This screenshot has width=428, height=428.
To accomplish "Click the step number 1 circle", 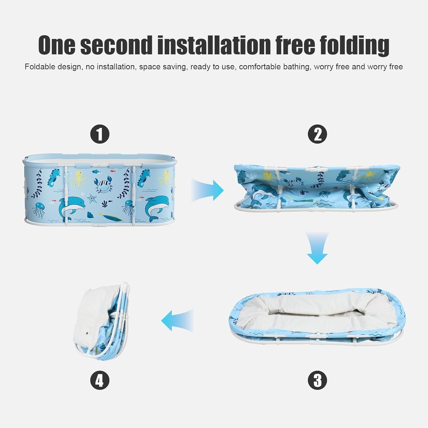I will tap(100, 135).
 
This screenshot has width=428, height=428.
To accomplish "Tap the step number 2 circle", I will tap(317, 135).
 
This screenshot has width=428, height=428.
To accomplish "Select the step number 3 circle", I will tap(317, 380).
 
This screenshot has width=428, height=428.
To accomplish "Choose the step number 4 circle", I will tap(100, 380).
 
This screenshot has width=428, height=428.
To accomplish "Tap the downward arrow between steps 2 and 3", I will tap(317, 248).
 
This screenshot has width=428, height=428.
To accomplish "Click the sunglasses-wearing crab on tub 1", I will tap(103, 185).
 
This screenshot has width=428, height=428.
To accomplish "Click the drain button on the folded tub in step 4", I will tap(86, 334).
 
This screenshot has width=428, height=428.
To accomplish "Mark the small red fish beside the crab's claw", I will tap(96, 171).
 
